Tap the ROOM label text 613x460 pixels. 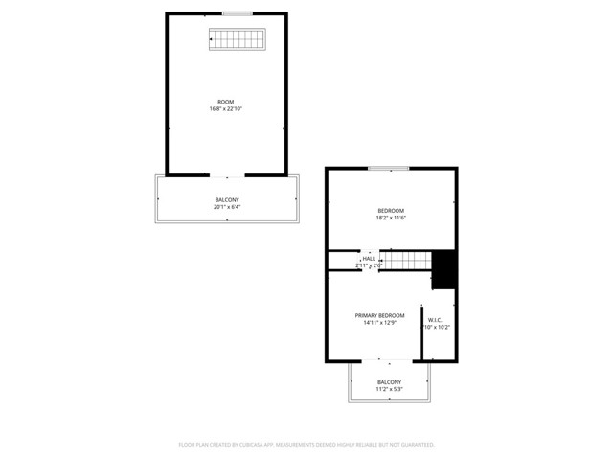click(x=226, y=102)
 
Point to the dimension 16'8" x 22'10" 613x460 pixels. click(x=226, y=109)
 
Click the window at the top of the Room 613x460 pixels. click(x=237, y=13)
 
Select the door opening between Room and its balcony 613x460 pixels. click(x=227, y=176)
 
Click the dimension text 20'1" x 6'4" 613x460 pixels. click(x=226, y=206)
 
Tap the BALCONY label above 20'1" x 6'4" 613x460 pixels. click(x=226, y=199)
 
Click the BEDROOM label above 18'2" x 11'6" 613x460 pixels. click(x=390, y=211)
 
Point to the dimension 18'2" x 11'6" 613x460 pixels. click(x=390, y=218)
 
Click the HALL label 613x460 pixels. click(x=369, y=258)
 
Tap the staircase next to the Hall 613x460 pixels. click(x=406, y=260)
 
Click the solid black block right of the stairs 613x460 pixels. click(x=443, y=269)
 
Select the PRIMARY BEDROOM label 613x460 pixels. click(x=380, y=315)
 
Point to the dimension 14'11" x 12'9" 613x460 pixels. click(x=380, y=323)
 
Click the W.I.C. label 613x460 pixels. click(x=435, y=320)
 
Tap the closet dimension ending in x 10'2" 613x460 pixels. click(x=437, y=328)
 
